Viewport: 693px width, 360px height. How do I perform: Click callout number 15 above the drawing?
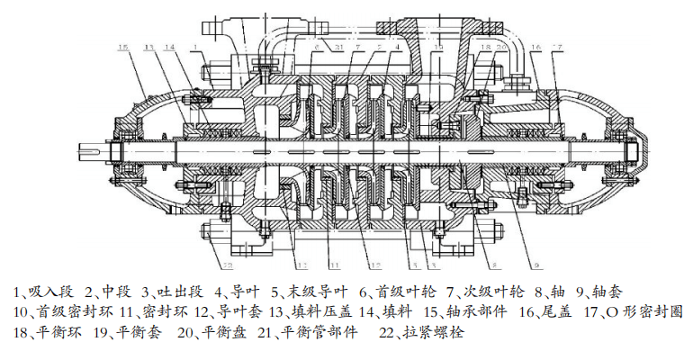pyautogui.click(x=123, y=47)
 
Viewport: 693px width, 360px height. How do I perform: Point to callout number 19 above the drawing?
pyautogui.click(x=438, y=47)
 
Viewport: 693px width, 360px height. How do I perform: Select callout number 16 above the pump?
pyautogui.click(x=535, y=47)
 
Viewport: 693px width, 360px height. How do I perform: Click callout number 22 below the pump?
pyautogui.click(x=228, y=266)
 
